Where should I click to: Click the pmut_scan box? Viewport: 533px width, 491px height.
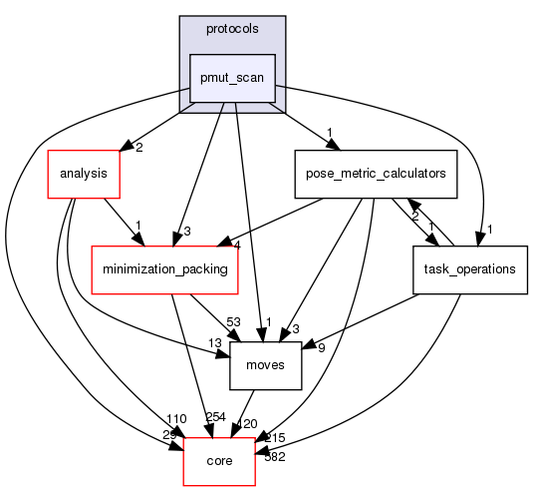[233, 79]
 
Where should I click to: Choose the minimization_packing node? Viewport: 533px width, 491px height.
[165, 269]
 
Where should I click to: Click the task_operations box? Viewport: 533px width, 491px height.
[469, 269]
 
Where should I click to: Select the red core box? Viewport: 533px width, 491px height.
[218, 461]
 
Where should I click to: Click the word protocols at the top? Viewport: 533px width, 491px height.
[232, 28]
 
